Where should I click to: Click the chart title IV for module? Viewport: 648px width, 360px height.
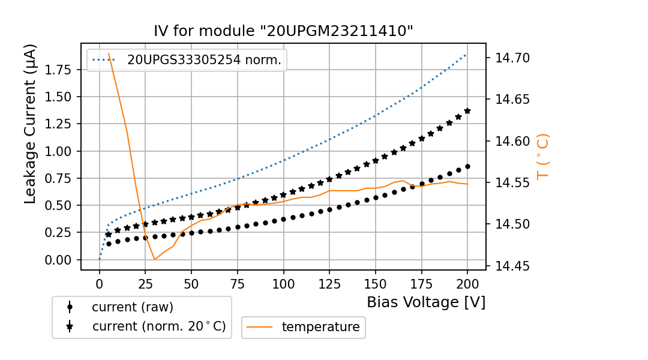click(x=283, y=31)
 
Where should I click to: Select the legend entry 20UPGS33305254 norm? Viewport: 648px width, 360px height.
click(x=204, y=60)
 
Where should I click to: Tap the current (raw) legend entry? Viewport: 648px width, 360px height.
click(x=132, y=307)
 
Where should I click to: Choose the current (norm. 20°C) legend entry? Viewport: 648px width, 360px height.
click(x=158, y=327)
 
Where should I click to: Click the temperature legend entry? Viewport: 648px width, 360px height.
click(x=320, y=327)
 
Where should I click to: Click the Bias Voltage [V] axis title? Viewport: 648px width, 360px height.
click(x=426, y=302)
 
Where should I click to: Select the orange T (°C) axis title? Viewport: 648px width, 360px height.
click(x=543, y=157)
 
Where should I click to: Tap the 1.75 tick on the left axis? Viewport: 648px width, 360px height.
click(x=59, y=70)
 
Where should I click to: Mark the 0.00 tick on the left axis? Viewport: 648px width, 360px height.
click(x=59, y=260)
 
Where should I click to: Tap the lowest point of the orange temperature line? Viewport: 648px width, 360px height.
click(x=155, y=259)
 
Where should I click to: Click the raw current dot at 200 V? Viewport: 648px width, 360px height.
click(x=467, y=166)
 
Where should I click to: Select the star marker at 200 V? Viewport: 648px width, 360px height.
click(x=467, y=111)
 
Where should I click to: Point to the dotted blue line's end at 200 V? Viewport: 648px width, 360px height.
click(x=466, y=54)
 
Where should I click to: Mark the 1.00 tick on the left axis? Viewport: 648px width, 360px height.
click(x=59, y=151)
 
